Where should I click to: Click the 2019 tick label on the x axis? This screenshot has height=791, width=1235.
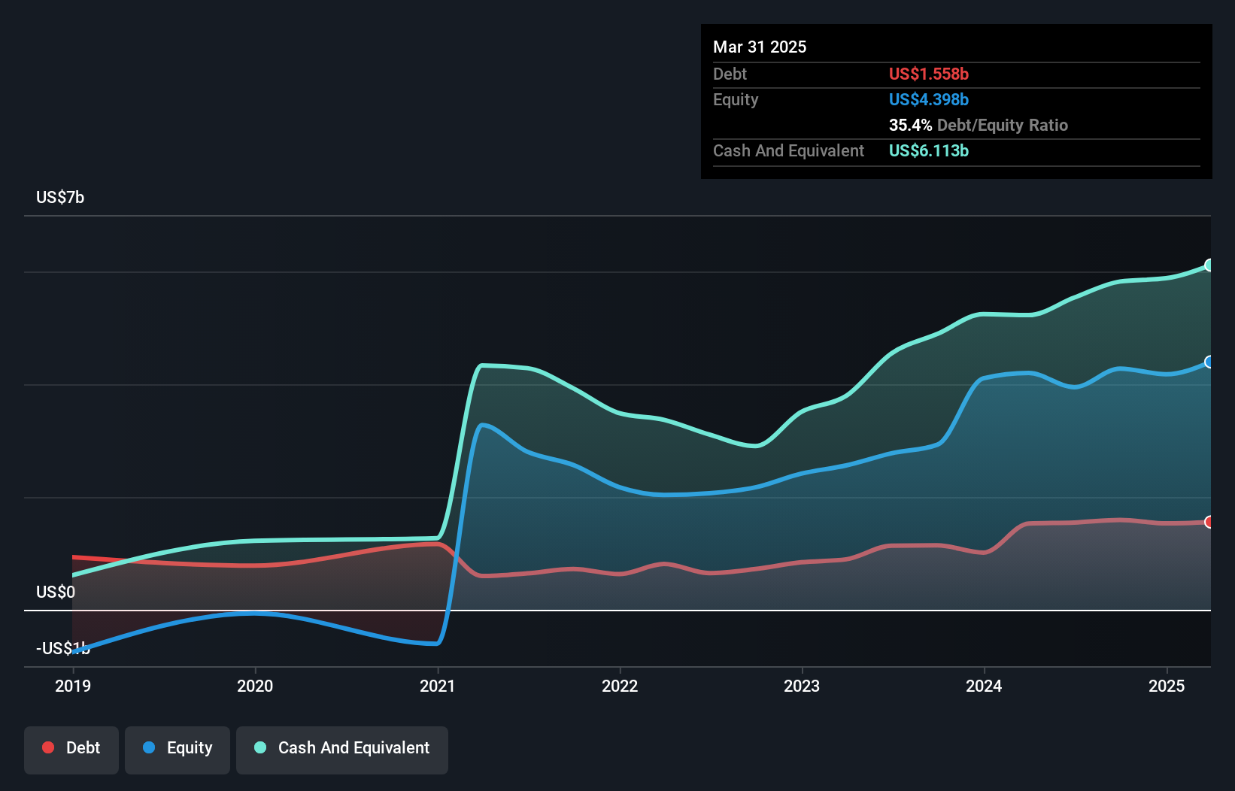(x=73, y=686)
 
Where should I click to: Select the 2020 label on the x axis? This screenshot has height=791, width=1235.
(x=255, y=686)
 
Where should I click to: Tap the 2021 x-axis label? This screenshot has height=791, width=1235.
(x=438, y=686)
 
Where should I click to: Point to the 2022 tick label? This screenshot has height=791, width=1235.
(x=620, y=686)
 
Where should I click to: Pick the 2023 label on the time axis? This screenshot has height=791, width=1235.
(x=802, y=686)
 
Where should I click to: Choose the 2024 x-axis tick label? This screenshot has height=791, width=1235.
(x=984, y=686)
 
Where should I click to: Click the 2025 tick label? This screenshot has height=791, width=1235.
(x=1167, y=686)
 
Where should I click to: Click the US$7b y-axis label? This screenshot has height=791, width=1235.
(x=60, y=198)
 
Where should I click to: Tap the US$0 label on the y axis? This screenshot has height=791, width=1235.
(x=56, y=592)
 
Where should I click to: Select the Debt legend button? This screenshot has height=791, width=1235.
(x=71, y=748)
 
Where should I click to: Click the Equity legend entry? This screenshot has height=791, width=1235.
(x=178, y=748)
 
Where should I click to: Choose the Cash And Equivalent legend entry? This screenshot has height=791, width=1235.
(x=342, y=748)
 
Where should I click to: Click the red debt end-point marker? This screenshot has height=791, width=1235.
(x=1209, y=522)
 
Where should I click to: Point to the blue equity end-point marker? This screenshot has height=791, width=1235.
(x=1209, y=362)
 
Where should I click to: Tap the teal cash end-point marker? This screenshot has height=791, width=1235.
(x=1209, y=265)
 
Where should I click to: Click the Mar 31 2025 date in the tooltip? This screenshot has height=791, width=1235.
(x=760, y=47)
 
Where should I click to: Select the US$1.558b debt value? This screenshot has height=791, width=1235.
(x=929, y=74)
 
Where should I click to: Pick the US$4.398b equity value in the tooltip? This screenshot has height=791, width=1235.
(x=929, y=100)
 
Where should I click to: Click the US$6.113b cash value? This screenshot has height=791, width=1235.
(x=929, y=151)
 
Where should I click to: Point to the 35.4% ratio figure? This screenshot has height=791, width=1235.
(x=910, y=126)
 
